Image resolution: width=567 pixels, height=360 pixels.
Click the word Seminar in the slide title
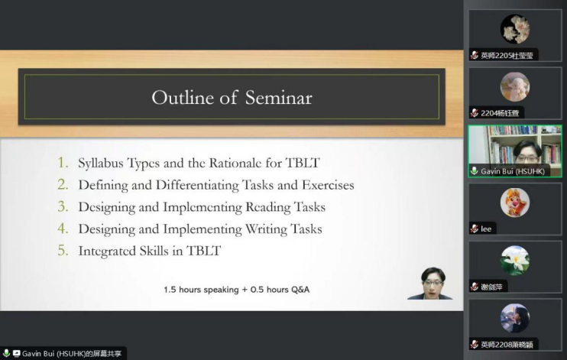click(278, 98)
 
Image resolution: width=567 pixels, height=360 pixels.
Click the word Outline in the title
click(183, 98)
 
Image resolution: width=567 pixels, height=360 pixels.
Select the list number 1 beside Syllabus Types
click(63, 163)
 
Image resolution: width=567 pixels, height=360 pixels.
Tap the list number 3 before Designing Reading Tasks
click(63, 206)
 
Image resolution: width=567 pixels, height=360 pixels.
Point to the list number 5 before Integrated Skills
click(63, 251)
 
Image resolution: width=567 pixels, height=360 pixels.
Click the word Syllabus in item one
click(101, 164)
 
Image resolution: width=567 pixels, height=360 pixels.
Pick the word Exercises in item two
click(328, 185)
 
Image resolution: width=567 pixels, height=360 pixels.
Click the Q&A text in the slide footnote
click(300, 290)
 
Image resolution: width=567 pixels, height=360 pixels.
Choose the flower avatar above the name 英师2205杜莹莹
click(515, 29)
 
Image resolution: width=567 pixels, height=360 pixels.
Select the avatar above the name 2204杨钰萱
click(515, 87)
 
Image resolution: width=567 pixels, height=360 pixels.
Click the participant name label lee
click(486, 229)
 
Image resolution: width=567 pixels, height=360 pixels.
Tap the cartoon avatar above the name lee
click(515, 203)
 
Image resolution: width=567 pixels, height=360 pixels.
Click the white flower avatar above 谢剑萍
click(515, 261)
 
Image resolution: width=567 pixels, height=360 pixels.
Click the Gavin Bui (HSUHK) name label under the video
click(513, 171)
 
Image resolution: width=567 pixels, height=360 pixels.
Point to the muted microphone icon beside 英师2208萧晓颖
click(475, 345)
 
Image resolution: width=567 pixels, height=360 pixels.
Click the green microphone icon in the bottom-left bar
click(6, 353)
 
